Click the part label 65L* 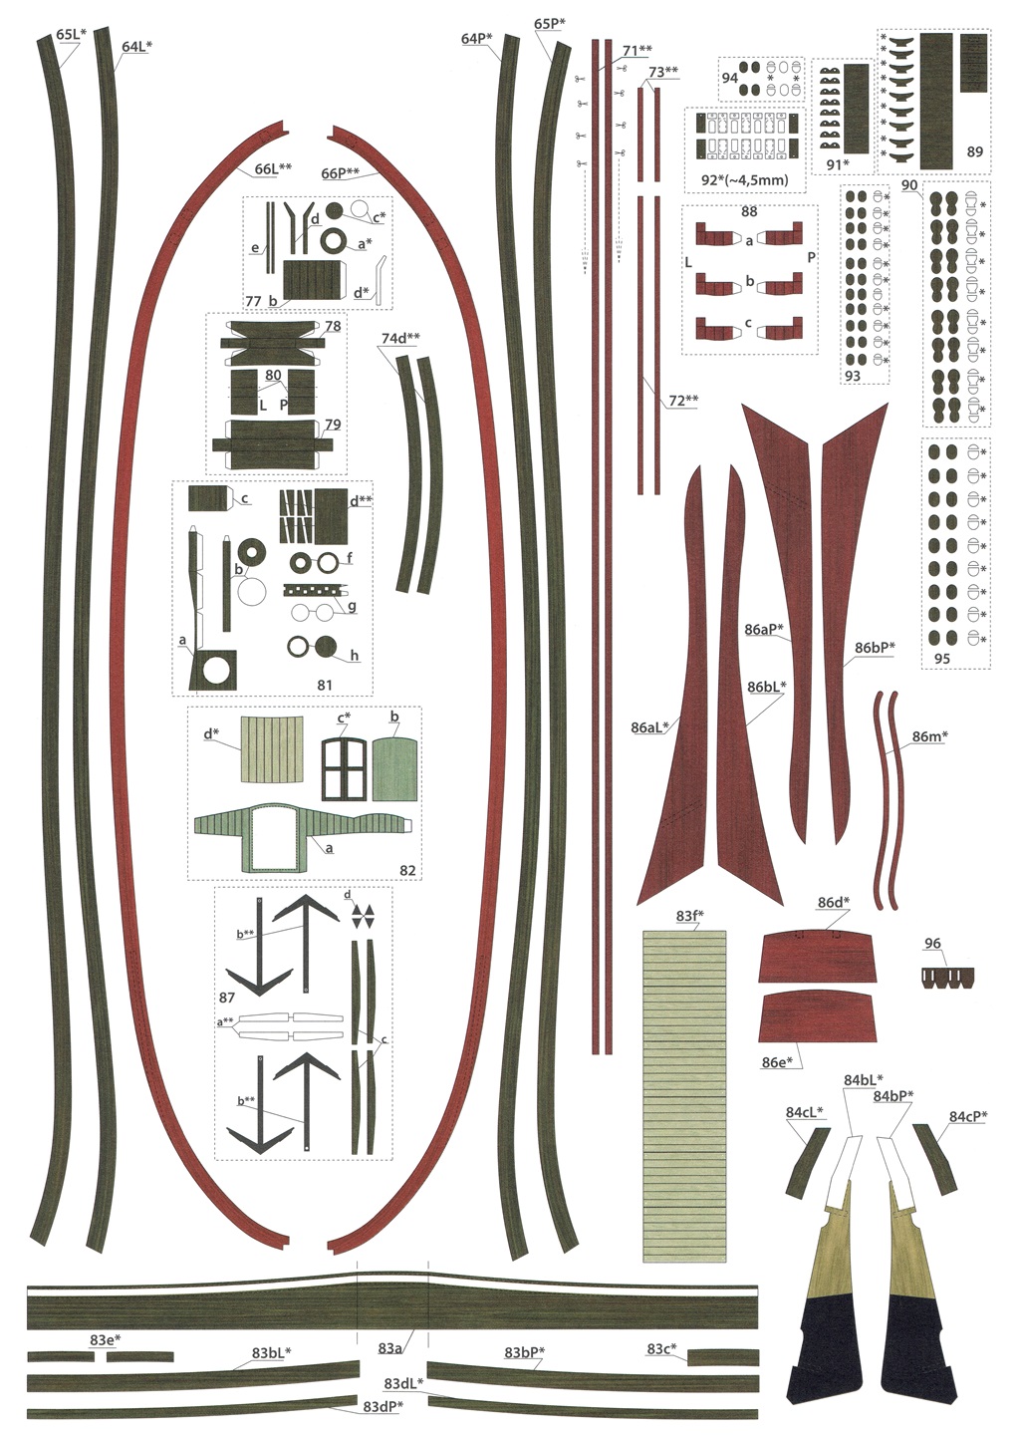(x=70, y=35)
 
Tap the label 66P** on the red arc (x=340, y=173)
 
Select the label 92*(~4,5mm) (x=737, y=180)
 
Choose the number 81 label (x=325, y=686)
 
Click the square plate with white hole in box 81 (x=216, y=670)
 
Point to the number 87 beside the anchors (x=226, y=998)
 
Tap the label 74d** (x=400, y=339)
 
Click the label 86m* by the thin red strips (x=929, y=737)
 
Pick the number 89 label (x=974, y=151)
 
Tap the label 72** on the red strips (x=683, y=401)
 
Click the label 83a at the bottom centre (x=389, y=1348)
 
